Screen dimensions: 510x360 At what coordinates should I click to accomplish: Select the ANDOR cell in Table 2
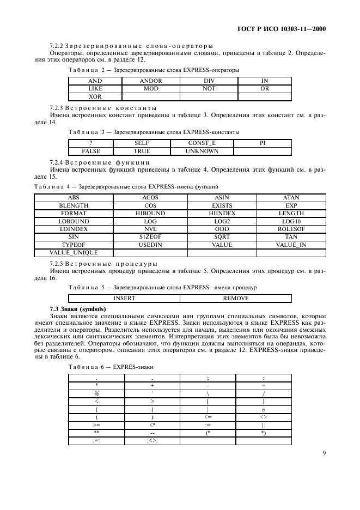tap(151, 81)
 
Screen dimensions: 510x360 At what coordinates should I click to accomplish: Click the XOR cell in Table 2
tap(95, 96)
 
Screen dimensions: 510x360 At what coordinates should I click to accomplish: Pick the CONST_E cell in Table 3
tap(202, 143)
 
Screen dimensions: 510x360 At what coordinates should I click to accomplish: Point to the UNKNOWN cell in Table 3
tap(202, 151)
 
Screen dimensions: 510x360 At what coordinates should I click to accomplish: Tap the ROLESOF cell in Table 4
tap(291, 229)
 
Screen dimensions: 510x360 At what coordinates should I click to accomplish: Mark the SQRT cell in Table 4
tap(222, 237)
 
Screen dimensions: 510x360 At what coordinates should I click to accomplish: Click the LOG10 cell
tap(291, 221)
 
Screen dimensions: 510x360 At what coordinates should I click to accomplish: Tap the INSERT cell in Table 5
tap(124, 298)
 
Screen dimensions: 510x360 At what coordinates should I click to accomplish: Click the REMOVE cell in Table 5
tap(235, 298)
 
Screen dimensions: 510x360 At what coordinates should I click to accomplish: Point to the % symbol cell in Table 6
tap(96, 393)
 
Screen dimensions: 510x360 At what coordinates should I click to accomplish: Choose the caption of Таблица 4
tap(126, 186)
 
